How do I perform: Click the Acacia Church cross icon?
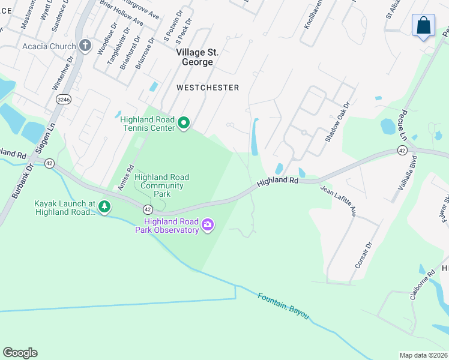tap(85, 46)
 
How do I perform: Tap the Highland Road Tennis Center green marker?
tap(184, 124)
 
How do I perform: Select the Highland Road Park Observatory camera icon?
tap(208, 225)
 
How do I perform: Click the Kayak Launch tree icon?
tap(104, 207)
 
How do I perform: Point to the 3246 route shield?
tap(62, 98)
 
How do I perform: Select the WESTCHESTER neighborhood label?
tap(208, 88)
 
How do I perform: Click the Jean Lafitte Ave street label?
tap(339, 202)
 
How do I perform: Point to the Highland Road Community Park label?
tap(162, 185)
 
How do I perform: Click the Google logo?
tap(20, 353)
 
